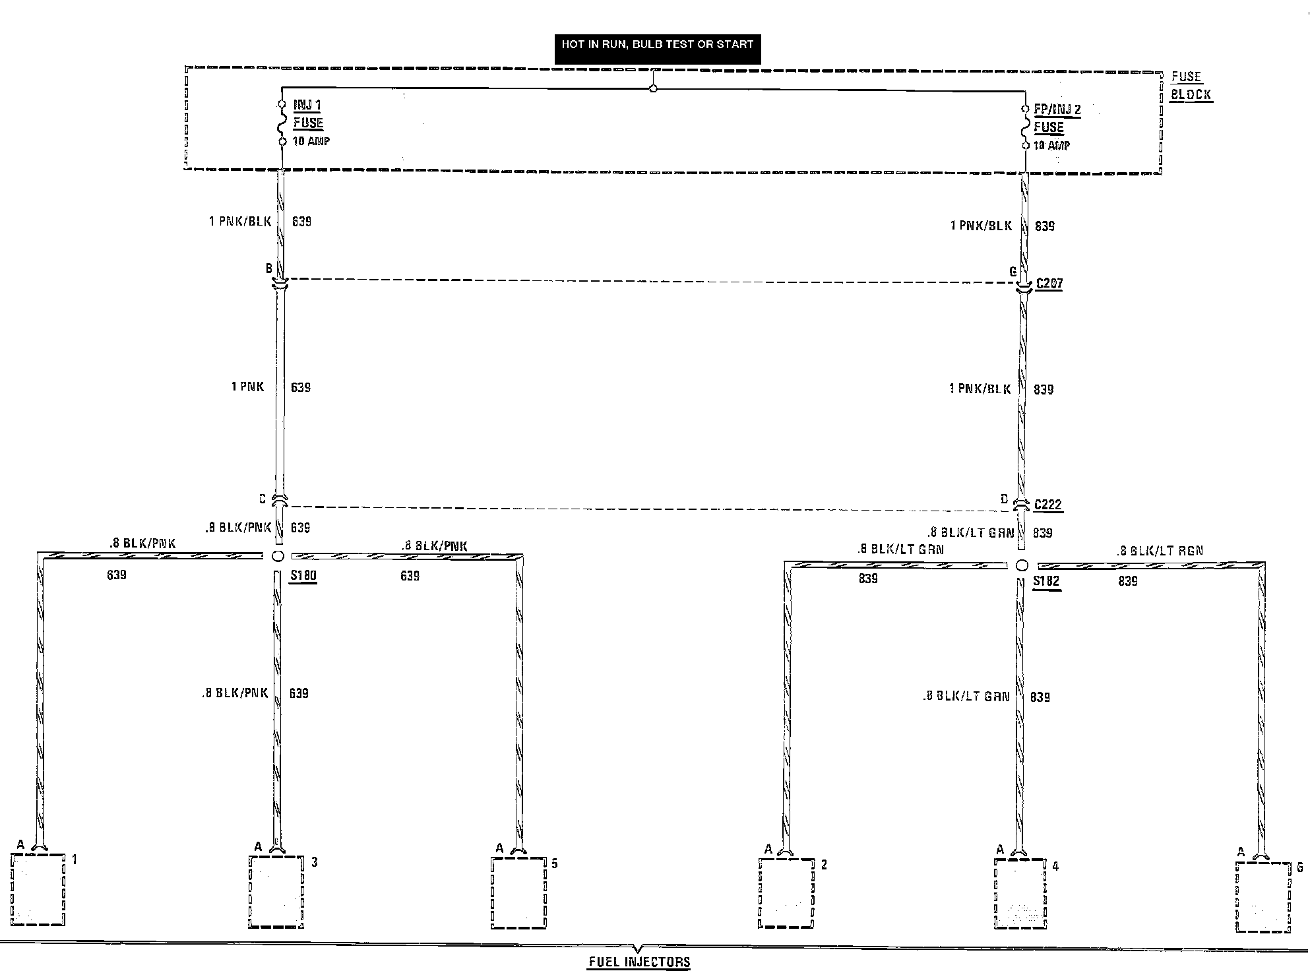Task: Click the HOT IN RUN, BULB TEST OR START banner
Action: pyautogui.click(x=657, y=46)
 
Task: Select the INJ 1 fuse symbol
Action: pyautogui.click(x=282, y=123)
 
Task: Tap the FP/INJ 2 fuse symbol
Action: pyautogui.click(x=1026, y=127)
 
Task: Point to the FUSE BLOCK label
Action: pyautogui.click(x=1191, y=86)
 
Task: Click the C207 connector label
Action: pyautogui.click(x=1049, y=284)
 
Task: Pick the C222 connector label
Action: pyautogui.click(x=1048, y=505)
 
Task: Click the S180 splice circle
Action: pyautogui.click(x=278, y=556)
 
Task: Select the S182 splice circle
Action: pyautogui.click(x=1022, y=565)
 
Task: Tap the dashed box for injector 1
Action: pyautogui.click(x=38, y=889)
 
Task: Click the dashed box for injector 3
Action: pyautogui.click(x=276, y=892)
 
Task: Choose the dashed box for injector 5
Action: pyautogui.click(x=519, y=893)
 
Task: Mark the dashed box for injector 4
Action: pyautogui.click(x=1020, y=894)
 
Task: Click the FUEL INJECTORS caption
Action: pyautogui.click(x=639, y=962)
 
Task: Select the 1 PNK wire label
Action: pyautogui.click(x=247, y=387)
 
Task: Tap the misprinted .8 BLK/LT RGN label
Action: pyautogui.click(x=1160, y=551)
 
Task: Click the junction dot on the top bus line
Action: pyautogui.click(x=653, y=88)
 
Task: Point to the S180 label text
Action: pyautogui.click(x=304, y=576)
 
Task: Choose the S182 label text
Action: pyautogui.click(x=1046, y=582)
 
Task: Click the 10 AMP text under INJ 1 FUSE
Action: pyautogui.click(x=311, y=141)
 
